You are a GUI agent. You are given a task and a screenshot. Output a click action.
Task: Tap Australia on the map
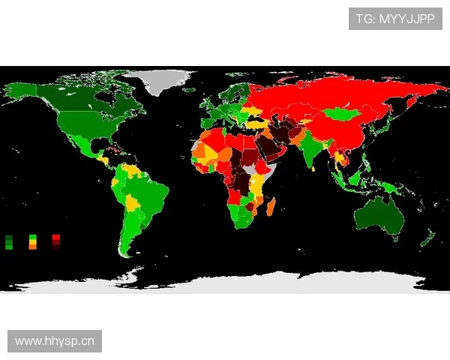pyautogui.click(x=379, y=214)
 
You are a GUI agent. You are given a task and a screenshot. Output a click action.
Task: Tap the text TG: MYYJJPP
pyautogui.click(x=395, y=19)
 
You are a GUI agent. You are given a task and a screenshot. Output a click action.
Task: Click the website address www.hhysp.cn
pyautogui.click(x=55, y=341)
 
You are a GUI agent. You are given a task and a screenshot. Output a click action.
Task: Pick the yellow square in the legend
pyautogui.click(x=32, y=242)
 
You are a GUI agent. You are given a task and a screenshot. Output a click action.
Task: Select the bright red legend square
pyautogui.click(x=56, y=238)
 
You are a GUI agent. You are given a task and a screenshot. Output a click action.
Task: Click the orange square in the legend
pyautogui.click(x=32, y=247)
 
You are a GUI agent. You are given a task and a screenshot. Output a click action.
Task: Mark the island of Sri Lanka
pyautogui.click(x=321, y=169)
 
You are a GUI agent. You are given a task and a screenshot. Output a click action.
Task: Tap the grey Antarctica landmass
pyautogui.click(x=225, y=282)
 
